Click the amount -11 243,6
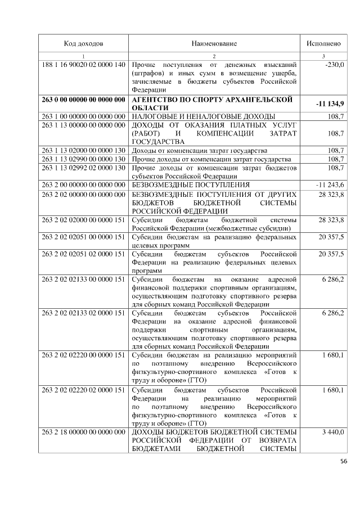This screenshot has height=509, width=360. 331,184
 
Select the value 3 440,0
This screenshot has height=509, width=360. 333,431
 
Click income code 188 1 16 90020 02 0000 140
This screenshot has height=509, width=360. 83,65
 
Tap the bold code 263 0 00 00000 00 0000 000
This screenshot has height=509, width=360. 83,100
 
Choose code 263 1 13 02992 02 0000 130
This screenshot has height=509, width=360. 83,168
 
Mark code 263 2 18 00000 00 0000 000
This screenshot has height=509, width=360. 83,431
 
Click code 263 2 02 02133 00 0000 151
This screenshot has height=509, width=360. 83,280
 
